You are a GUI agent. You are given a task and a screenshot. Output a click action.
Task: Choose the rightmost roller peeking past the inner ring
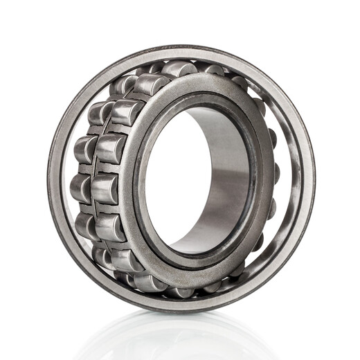pyautogui.click(x=275, y=173)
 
